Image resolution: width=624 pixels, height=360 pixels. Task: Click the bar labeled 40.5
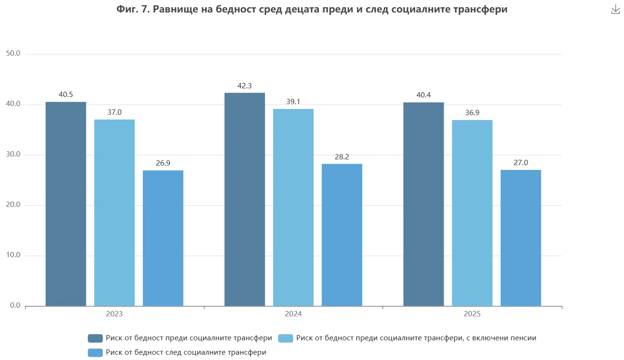point(65,203)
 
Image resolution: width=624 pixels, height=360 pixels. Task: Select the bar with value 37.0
point(115,212)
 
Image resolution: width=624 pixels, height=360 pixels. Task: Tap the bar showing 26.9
point(163,237)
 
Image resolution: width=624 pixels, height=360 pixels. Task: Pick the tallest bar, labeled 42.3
point(246,199)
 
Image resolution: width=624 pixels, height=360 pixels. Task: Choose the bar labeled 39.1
point(294,206)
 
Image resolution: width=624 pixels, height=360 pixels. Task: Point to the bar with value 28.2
point(342,233)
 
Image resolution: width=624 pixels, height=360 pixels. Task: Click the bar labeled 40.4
point(424,203)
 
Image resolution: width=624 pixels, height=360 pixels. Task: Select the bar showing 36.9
point(473,212)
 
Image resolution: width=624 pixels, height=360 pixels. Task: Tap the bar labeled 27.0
point(521,237)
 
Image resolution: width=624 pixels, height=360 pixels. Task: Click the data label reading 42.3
point(245,86)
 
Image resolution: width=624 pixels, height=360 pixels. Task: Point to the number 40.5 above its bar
point(66,95)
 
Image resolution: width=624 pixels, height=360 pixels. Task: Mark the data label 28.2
point(342,156)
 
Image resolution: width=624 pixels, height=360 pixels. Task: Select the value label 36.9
point(471,113)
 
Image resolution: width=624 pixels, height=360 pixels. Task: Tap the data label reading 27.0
point(520,163)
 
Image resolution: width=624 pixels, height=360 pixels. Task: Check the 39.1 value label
point(294,102)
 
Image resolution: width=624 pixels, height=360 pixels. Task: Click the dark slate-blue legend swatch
point(94,338)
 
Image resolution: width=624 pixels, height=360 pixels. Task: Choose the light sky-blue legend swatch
point(286,338)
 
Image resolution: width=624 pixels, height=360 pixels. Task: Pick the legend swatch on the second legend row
point(94,353)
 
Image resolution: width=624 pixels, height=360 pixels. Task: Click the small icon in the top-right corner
point(615,10)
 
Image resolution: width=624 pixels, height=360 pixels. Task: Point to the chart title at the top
point(312,10)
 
